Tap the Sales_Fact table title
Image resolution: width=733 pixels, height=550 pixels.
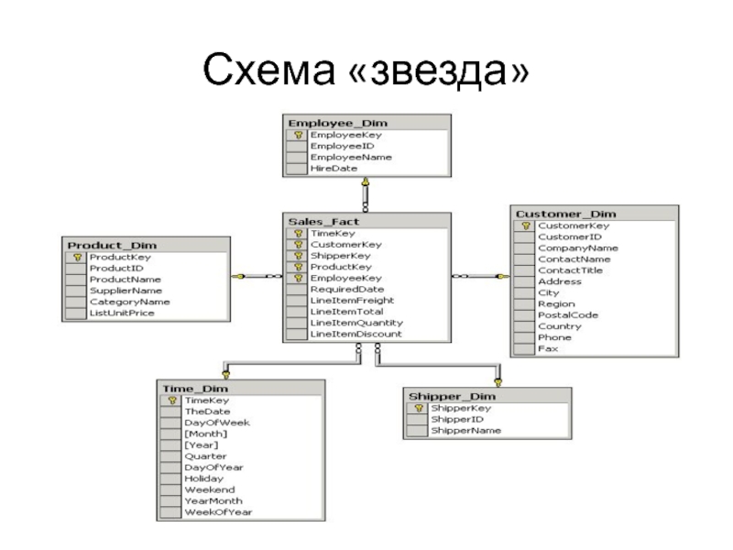pos(316,221)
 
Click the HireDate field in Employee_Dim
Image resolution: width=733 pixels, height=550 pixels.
pos(334,169)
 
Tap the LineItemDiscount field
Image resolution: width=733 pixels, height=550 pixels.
pos(356,335)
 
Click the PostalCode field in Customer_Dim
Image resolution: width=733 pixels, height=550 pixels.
pos(567,314)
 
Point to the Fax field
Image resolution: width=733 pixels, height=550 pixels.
pos(547,349)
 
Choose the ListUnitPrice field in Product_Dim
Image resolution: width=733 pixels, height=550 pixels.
pos(122,313)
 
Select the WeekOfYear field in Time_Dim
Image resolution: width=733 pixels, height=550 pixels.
pos(217,511)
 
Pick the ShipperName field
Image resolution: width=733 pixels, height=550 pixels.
pos(465,430)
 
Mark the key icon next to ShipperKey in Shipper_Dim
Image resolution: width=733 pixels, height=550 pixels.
pos(416,408)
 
